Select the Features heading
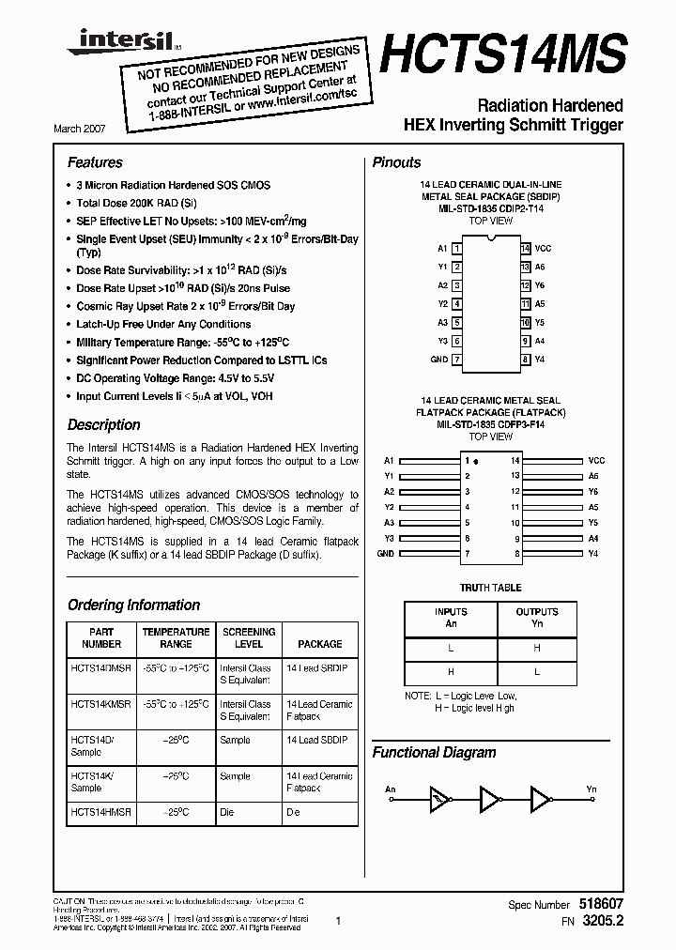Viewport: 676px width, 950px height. tap(95, 162)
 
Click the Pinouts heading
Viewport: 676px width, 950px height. tap(396, 162)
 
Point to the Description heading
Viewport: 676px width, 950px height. tap(103, 424)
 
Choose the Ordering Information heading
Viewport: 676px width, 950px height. tap(133, 605)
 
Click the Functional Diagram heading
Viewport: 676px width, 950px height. tap(434, 752)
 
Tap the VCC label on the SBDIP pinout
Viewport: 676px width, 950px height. tap(543, 249)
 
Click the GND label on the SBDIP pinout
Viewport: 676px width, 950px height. tap(438, 360)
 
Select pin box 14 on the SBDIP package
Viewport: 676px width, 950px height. tap(526, 249)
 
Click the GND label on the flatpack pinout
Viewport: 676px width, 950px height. tap(385, 554)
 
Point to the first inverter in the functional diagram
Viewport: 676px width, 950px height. tap(440, 799)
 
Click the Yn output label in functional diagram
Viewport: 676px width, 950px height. tap(591, 789)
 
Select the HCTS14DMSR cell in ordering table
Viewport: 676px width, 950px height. tap(101, 668)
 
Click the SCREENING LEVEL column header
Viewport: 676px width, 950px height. tap(249, 638)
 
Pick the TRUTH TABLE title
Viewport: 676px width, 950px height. tap(490, 588)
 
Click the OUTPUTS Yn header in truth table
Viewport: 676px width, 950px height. tap(536, 618)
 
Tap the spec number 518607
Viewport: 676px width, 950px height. tap(597, 903)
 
